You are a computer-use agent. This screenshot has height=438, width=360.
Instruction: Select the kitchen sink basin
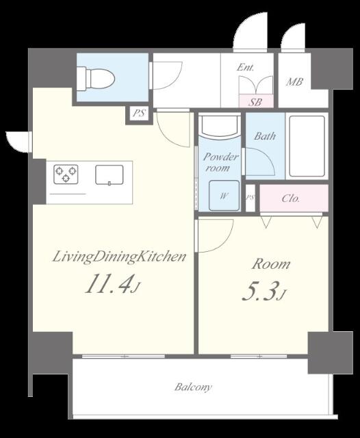point(109,175)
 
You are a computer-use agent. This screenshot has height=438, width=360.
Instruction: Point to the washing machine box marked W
point(223,195)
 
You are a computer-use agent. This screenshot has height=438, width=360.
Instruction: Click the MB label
point(295,83)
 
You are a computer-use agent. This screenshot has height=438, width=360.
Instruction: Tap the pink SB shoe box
point(255,101)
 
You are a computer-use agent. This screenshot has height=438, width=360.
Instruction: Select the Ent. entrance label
point(246,67)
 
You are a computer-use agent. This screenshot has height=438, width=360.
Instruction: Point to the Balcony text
point(192,387)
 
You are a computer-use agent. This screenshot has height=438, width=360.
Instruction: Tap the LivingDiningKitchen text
point(120,257)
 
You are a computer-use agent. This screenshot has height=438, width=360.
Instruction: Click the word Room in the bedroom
point(271,264)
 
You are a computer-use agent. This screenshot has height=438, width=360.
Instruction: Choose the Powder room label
point(220,162)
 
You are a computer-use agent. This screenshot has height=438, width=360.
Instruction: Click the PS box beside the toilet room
point(139,114)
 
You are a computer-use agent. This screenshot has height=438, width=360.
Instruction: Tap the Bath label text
point(265,136)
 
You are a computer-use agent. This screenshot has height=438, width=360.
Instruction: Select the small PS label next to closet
point(250,198)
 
